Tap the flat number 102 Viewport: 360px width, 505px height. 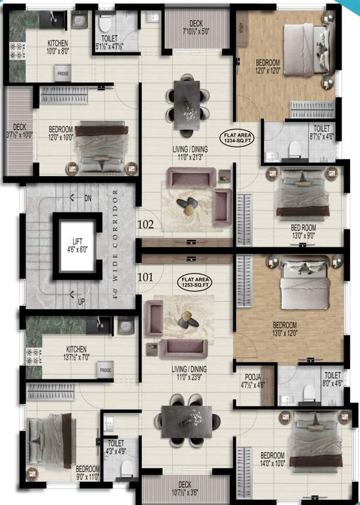pyautogui.click(x=146, y=224)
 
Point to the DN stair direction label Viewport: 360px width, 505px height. pyautogui.click(x=88, y=198)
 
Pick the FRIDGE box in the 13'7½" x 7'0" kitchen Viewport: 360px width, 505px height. pyautogui.click(x=105, y=371)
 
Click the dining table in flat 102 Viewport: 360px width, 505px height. pyautogui.click(x=188, y=99)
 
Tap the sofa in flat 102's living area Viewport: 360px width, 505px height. pyautogui.click(x=191, y=178)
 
